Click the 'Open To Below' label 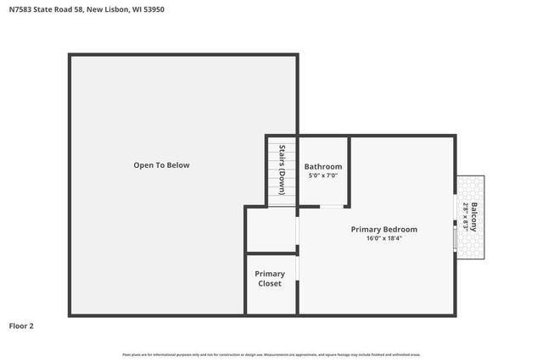161,165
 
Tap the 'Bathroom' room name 323,166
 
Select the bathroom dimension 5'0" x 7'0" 323,175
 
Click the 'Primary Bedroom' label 384,229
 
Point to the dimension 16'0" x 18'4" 384,238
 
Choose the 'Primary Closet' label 270,278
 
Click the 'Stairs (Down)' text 282,170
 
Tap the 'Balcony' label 476,217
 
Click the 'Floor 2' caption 21,326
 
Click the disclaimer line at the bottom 271,354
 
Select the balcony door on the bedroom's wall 456,238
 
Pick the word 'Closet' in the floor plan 270,283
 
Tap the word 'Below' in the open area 178,165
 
